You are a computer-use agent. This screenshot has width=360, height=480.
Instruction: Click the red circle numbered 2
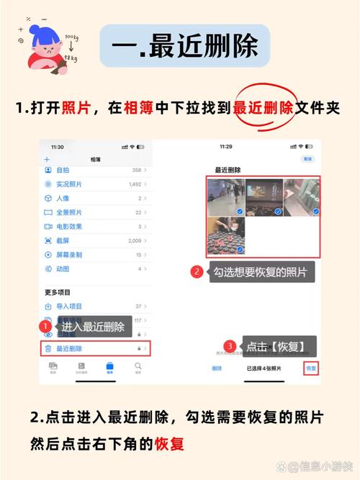[x=196, y=272]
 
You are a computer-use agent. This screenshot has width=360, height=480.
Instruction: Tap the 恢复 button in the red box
[x=311, y=368]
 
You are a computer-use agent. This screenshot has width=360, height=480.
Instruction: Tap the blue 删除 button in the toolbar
[x=217, y=368]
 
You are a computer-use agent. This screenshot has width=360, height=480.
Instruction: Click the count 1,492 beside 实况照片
[x=134, y=184]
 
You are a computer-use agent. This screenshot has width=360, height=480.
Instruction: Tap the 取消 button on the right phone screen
[x=307, y=158]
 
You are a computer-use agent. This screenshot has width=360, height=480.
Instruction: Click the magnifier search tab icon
[x=138, y=366]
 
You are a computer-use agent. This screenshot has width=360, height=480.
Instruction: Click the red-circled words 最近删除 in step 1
[x=263, y=108]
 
